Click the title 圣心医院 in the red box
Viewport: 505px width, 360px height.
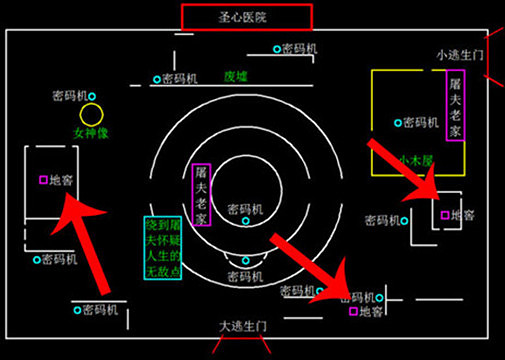click(247, 16)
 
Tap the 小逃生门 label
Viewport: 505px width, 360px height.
click(460, 54)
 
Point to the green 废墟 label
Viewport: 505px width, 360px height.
click(236, 75)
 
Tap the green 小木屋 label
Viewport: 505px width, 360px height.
click(412, 159)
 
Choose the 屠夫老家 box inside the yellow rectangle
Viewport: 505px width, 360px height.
click(456, 109)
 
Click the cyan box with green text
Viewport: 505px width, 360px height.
click(161, 247)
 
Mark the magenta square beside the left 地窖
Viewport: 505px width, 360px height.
click(43, 180)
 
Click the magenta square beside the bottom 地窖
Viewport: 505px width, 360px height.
click(352, 313)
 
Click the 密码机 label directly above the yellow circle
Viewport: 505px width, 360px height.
click(76, 96)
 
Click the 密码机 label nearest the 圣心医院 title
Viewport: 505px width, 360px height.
click(298, 48)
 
